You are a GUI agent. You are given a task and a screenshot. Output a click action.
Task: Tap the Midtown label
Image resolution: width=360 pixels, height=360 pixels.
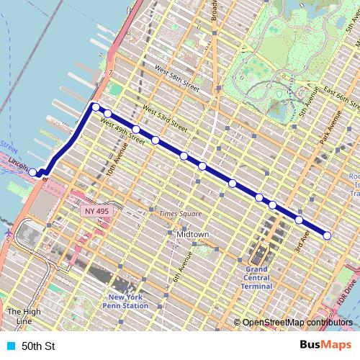tap(192, 235)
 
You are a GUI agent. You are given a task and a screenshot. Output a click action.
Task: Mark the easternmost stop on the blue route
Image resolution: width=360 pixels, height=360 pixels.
tap(328, 235)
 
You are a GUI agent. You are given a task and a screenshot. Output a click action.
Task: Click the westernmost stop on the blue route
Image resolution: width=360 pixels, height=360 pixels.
tap(33, 172)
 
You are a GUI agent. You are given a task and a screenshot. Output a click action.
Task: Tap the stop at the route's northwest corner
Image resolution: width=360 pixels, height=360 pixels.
tap(95, 107)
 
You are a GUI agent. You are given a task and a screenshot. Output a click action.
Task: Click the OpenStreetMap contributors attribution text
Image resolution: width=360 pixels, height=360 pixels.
tap(297, 323)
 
